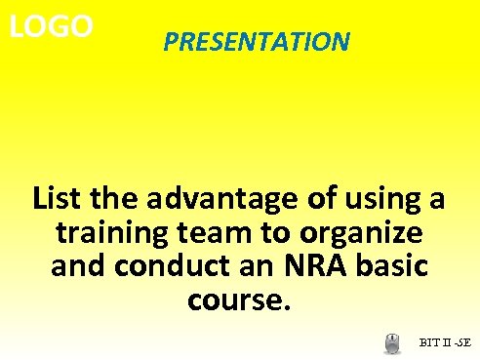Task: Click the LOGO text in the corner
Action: (x=52, y=26)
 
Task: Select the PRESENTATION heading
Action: (x=256, y=42)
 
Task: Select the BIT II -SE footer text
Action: (x=445, y=342)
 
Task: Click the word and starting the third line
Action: (x=75, y=266)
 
